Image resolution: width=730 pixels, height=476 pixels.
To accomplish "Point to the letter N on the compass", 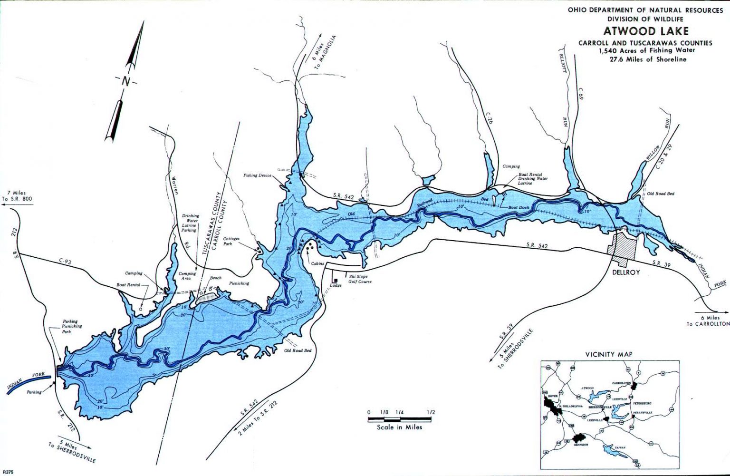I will (125, 81).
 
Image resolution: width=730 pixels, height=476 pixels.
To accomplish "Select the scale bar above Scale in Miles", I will (400, 419).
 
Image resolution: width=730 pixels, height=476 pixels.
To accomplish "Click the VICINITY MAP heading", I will (609, 354).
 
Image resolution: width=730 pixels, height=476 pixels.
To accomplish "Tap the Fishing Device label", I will (257, 175).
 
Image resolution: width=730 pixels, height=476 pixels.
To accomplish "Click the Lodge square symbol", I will (335, 281).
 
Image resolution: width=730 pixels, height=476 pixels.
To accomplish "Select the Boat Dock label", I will (519, 207).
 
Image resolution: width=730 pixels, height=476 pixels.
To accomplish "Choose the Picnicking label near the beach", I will (239, 283).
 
